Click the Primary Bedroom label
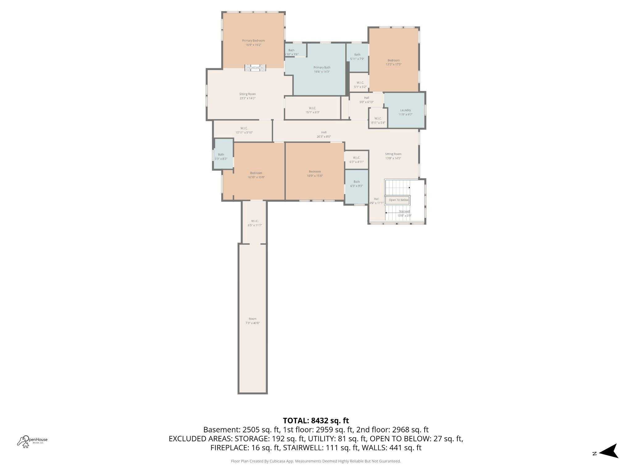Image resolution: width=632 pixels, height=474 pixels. click(x=253, y=43)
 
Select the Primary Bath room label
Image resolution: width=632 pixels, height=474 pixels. click(x=322, y=69)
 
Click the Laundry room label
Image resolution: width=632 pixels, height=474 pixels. click(x=405, y=112)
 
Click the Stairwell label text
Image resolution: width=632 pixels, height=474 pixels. click(x=404, y=211)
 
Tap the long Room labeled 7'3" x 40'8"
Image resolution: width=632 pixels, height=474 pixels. click(x=252, y=321)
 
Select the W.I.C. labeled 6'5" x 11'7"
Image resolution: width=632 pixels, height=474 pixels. click(x=255, y=223)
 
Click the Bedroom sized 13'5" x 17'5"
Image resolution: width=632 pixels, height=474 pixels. click(x=393, y=62)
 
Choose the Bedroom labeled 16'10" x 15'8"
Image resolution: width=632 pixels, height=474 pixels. click(x=256, y=175)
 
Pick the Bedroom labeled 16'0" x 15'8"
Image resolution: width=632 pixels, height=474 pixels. click(x=315, y=173)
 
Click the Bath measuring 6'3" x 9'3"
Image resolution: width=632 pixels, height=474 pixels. click(x=356, y=184)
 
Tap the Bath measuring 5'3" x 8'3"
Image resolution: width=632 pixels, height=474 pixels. click(x=221, y=156)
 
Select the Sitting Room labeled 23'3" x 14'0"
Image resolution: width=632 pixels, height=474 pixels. click(x=247, y=96)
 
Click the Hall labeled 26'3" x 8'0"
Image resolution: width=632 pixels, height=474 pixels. click(x=324, y=134)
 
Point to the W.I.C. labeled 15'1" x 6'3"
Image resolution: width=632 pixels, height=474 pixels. click(x=312, y=110)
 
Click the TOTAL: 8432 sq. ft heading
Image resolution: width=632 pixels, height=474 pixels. click(x=316, y=420)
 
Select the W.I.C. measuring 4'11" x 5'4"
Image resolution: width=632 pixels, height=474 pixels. click(x=378, y=120)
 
